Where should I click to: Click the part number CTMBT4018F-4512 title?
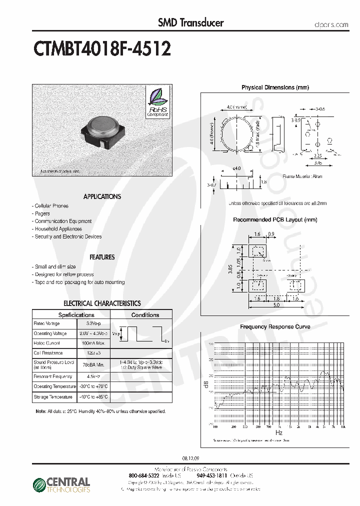click(x=102, y=48)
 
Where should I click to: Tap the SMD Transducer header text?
click(x=190, y=22)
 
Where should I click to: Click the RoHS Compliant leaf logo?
click(x=157, y=101)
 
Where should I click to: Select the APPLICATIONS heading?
click(x=102, y=196)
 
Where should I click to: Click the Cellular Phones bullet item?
click(x=50, y=206)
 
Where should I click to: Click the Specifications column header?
click(x=76, y=315)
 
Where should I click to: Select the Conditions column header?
click(x=145, y=315)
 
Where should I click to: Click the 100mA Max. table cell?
click(x=93, y=343)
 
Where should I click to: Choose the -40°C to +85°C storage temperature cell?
click(x=93, y=397)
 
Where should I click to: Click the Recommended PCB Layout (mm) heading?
click(x=275, y=220)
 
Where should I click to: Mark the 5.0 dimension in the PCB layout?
click(x=276, y=304)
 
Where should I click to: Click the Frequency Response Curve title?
click(x=275, y=327)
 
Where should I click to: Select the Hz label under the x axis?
click(x=278, y=432)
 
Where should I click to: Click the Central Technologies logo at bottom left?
click(x=61, y=484)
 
